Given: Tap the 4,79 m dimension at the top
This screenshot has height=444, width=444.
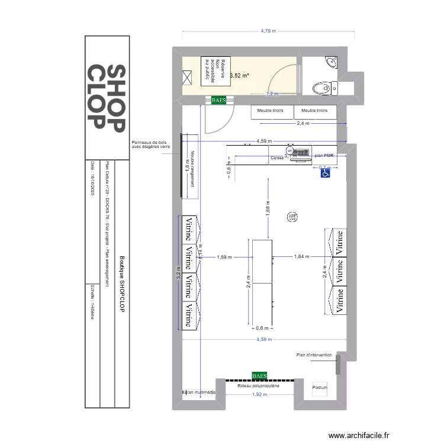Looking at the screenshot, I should pos(269,31).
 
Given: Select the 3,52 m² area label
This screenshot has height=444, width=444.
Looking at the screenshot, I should pos(239,76).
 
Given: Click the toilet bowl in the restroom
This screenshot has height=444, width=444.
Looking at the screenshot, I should pos(323,88).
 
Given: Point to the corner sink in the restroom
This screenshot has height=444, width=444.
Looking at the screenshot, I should pos(330,62).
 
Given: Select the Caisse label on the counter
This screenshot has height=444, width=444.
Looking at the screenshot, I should pos(277,158).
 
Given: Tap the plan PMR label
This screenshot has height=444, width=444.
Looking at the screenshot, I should pos(324,155).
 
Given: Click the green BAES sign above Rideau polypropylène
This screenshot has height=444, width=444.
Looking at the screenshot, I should pos(259,375).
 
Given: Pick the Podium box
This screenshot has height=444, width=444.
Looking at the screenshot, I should pos(319,388).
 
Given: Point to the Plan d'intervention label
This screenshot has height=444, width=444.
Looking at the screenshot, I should pos(314,355).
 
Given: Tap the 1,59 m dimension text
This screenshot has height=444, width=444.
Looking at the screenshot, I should pos(224,257).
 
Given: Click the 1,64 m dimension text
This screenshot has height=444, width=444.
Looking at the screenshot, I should pos(302,257).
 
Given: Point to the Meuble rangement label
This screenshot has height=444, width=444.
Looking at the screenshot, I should pos(192,168).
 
